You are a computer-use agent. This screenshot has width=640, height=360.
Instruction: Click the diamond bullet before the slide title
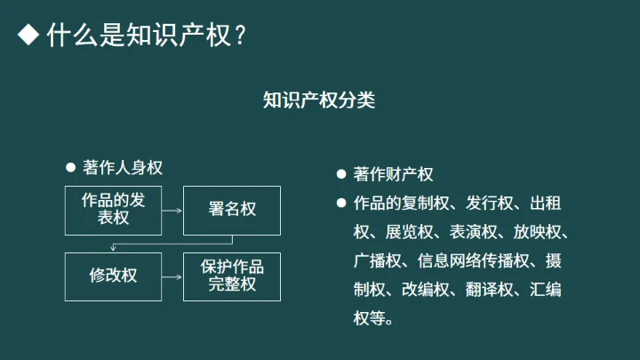(29, 36)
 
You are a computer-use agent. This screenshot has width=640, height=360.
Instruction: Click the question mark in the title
(241, 36)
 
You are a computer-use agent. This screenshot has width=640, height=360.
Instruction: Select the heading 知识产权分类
(319, 100)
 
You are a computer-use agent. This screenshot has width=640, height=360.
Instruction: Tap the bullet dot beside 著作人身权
(71, 168)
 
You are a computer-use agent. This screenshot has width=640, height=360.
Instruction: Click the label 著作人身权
(123, 168)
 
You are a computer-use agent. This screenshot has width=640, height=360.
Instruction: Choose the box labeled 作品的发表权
(113, 210)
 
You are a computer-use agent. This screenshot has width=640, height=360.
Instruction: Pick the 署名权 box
(232, 210)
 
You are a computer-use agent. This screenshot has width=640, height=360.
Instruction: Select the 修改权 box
(113, 276)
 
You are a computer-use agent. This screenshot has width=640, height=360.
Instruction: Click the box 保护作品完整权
(232, 276)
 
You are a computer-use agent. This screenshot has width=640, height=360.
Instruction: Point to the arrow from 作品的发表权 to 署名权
(172, 211)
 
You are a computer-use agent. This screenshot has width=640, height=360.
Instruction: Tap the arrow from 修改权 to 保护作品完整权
(172, 276)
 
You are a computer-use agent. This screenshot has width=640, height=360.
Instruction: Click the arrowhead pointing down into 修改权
(113, 248)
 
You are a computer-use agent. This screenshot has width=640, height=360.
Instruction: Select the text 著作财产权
(393, 174)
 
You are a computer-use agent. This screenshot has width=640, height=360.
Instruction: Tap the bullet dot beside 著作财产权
(340, 174)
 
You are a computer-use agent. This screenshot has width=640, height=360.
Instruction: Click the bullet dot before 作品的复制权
(340, 203)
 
